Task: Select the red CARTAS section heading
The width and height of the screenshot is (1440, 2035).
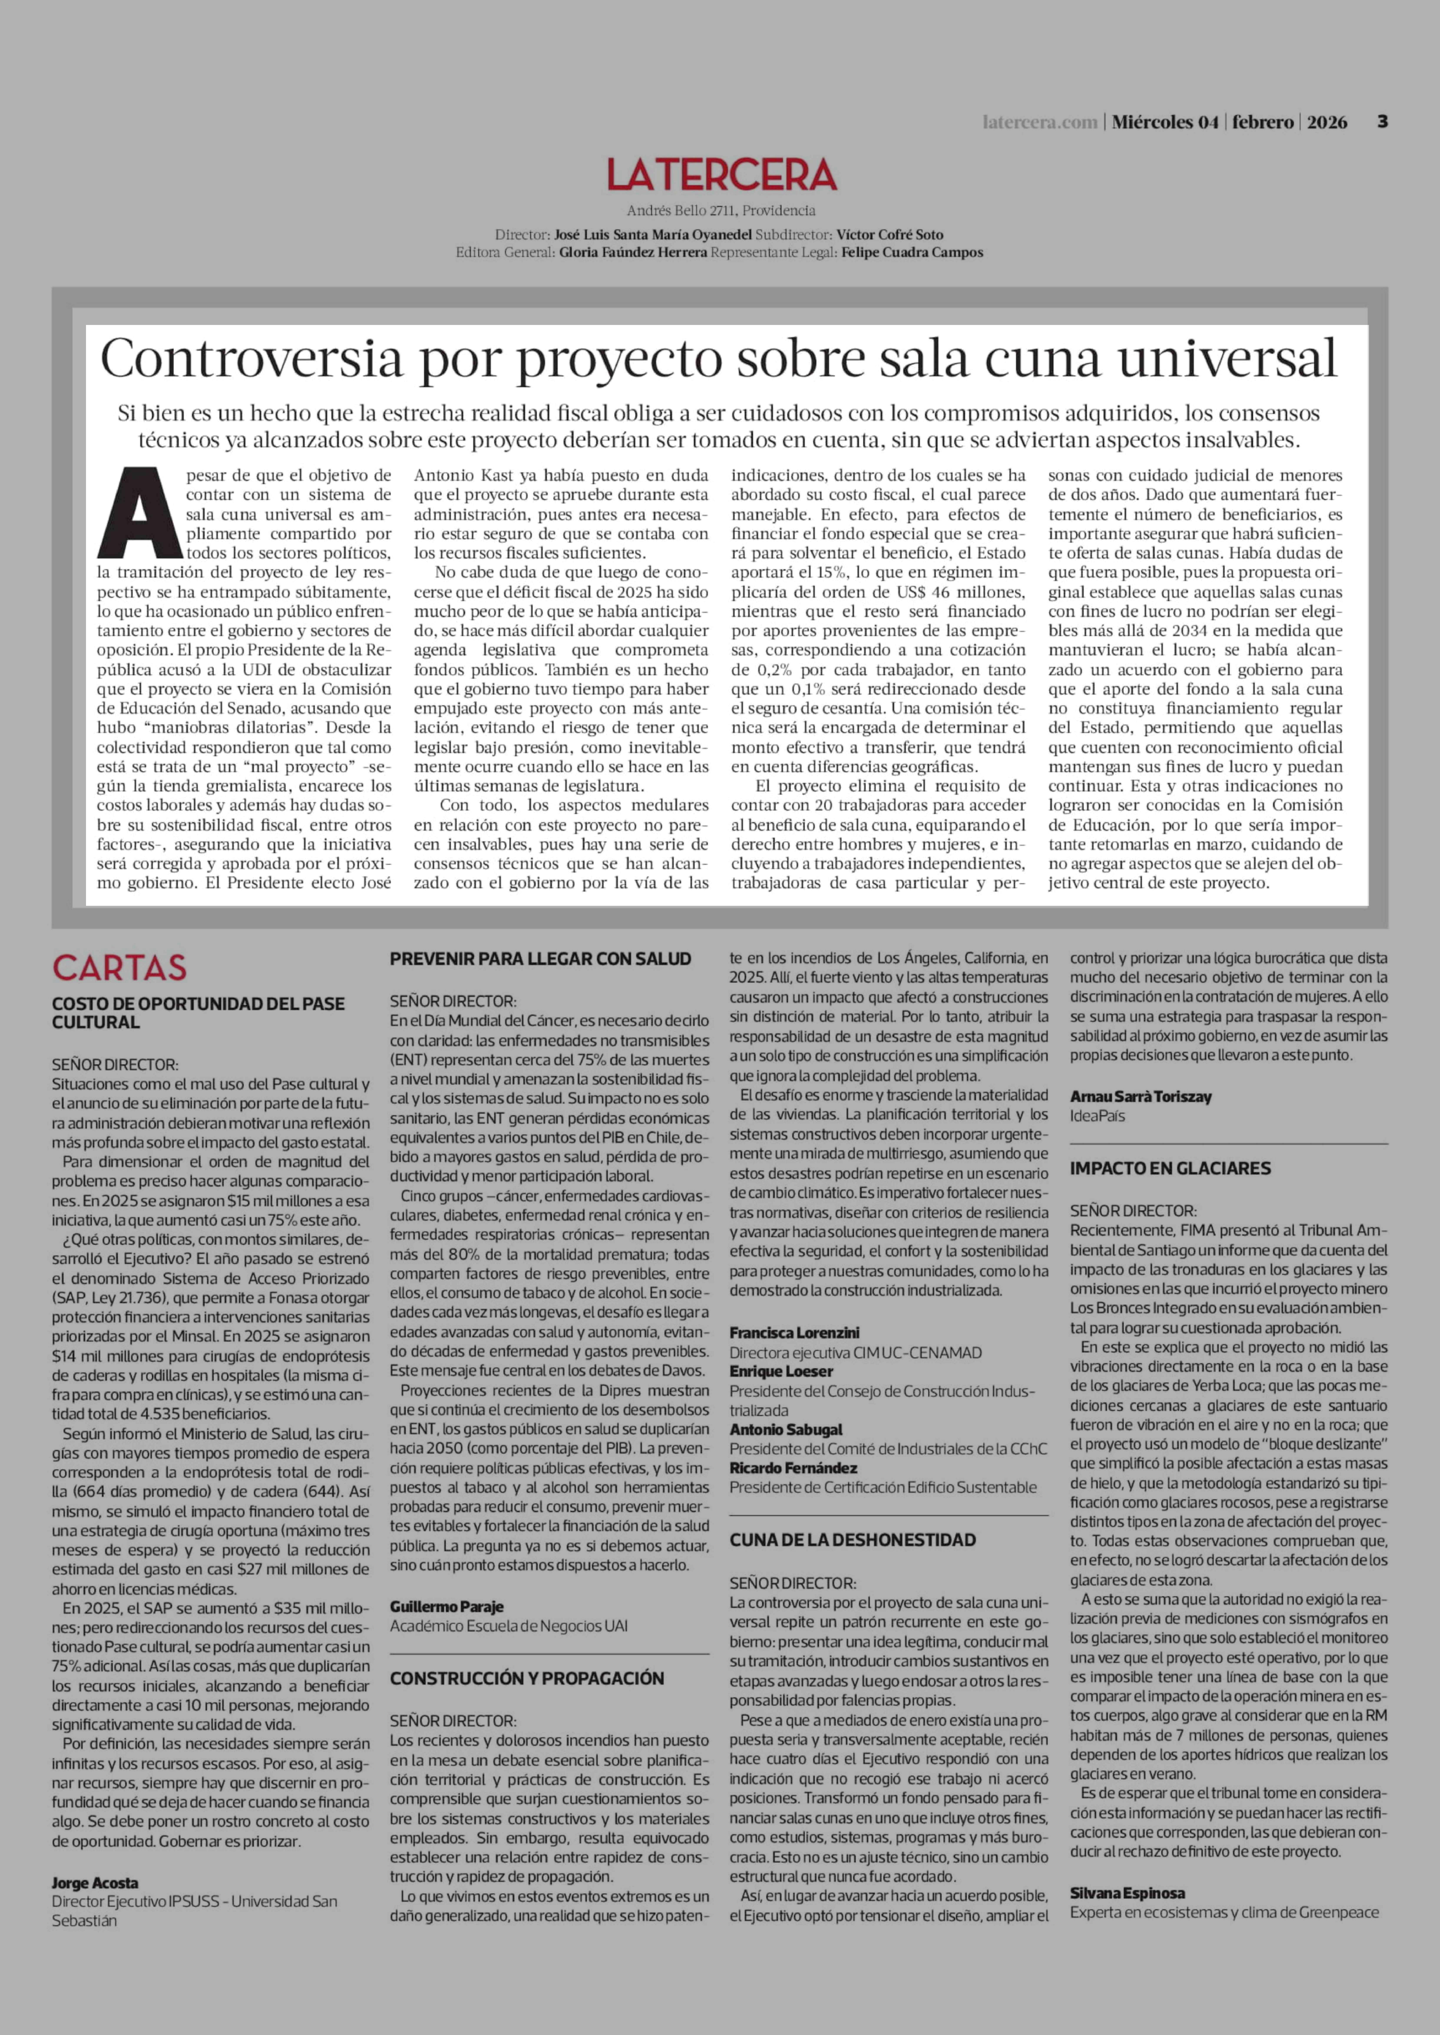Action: tap(120, 967)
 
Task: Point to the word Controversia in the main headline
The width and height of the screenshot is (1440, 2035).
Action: tap(252, 359)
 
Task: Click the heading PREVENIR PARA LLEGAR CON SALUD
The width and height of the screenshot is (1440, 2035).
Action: tap(540, 958)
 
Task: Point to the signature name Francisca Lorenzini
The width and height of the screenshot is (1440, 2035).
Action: tap(794, 1332)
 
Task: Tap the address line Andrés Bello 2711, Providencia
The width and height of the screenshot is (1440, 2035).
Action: tap(721, 211)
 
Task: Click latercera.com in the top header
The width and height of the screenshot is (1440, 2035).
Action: tap(1039, 122)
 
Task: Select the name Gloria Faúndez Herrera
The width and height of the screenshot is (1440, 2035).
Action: tap(633, 253)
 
